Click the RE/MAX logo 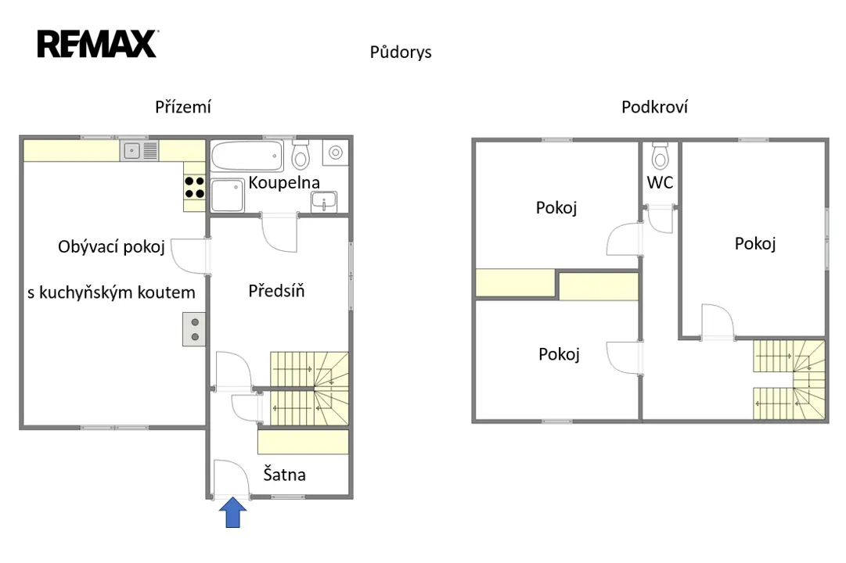point(98,44)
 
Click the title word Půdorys point(401,52)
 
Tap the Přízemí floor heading point(183,107)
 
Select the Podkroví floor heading point(654,107)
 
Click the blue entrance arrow point(232,512)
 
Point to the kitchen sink point(139,150)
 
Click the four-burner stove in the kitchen point(194,187)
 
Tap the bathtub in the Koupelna point(247,156)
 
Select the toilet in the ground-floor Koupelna point(301,156)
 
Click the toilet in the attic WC point(660,156)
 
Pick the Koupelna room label point(284,182)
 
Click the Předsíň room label point(276,291)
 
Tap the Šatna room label point(284,474)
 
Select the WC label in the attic point(660,182)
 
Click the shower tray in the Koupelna point(227,195)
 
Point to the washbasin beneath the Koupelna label point(324,202)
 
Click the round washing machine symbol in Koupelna point(336,152)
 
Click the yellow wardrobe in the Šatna point(303,442)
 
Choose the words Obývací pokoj point(111,247)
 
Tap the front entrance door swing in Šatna point(232,479)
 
